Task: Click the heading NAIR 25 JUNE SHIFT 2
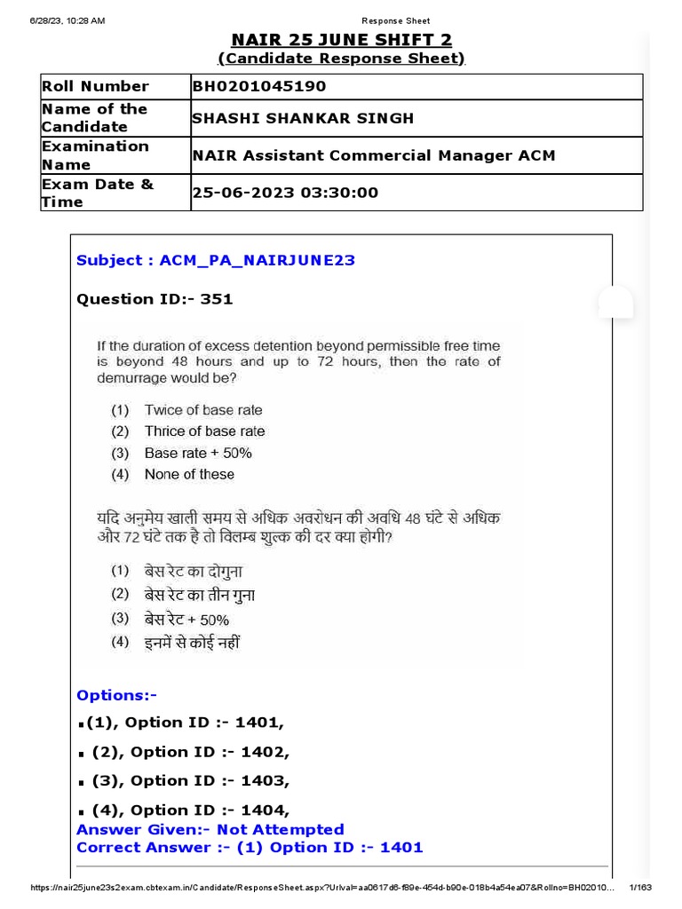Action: (x=342, y=40)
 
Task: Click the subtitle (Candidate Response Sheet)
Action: (x=342, y=59)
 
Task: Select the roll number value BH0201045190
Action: (x=259, y=86)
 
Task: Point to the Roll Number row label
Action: (x=95, y=86)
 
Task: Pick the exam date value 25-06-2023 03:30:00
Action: (x=286, y=193)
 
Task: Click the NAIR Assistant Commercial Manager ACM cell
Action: (x=374, y=155)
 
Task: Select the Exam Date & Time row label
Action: (x=98, y=193)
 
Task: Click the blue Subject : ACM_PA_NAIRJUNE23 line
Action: (x=216, y=260)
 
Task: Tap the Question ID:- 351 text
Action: (x=155, y=299)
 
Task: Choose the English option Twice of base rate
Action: (x=203, y=410)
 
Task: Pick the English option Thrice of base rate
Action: (x=204, y=431)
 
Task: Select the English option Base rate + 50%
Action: (x=198, y=453)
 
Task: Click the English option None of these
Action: (x=189, y=474)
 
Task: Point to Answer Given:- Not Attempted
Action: (x=210, y=829)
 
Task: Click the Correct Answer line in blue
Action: (x=250, y=847)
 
